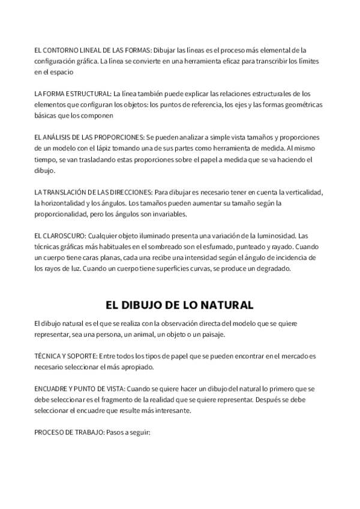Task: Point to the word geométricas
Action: pos(304,104)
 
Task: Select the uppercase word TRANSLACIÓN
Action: pos(69,192)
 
